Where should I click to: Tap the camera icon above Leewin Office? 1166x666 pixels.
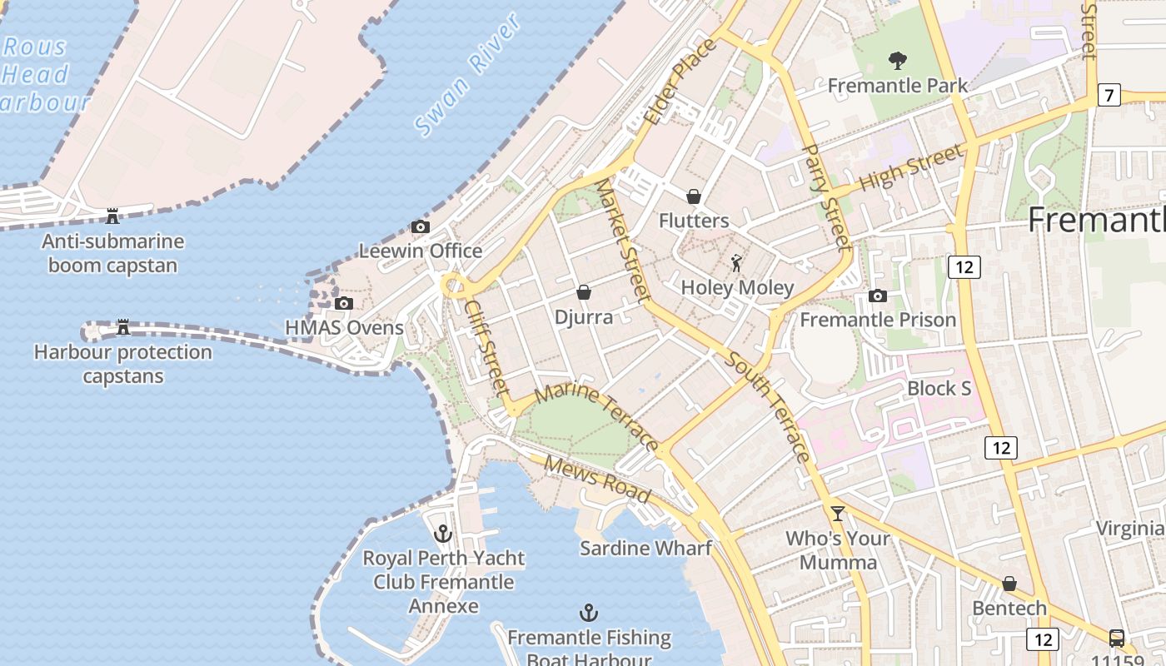[x=421, y=227]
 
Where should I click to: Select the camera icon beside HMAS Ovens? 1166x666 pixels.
[x=344, y=304]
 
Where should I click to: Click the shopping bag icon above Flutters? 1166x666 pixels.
[x=693, y=196]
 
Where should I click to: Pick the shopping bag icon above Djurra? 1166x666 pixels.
[x=584, y=292]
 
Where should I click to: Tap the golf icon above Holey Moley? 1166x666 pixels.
[x=736, y=265]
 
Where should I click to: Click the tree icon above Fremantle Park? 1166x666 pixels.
[x=898, y=60]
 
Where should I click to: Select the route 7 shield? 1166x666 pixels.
[x=1108, y=95]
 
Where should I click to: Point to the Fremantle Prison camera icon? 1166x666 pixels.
[x=877, y=296]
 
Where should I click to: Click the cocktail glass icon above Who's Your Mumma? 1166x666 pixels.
[x=838, y=514]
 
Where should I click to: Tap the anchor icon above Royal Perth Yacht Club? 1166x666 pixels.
[x=443, y=533]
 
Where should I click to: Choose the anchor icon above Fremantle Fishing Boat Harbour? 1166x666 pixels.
[x=589, y=614]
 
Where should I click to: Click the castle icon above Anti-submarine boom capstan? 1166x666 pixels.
[x=112, y=216]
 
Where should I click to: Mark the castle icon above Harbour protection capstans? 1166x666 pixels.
[x=123, y=327]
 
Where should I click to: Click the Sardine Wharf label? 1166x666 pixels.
[x=645, y=548]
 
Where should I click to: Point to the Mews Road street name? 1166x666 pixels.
[x=596, y=479]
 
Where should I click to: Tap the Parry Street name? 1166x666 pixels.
[x=826, y=196]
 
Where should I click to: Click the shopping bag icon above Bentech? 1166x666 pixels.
[x=1009, y=584]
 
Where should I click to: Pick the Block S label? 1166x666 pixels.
[x=939, y=388]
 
